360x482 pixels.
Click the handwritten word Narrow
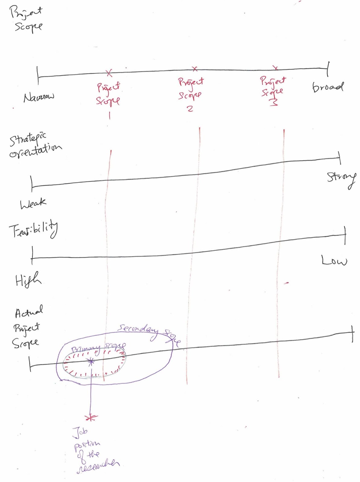[39, 97]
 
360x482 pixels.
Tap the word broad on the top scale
[327, 87]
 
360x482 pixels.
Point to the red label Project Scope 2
[191, 93]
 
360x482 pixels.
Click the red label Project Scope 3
[273, 90]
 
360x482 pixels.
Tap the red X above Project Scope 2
[195, 69]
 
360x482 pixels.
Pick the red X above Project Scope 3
[275, 68]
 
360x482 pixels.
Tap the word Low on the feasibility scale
[334, 260]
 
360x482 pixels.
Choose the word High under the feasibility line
[28, 280]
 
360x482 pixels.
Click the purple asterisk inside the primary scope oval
[91, 361]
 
